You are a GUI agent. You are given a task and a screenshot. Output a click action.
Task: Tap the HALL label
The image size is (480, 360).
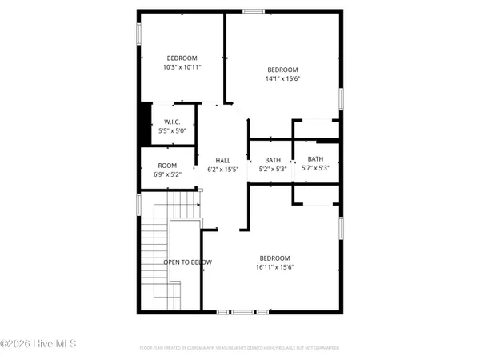pos(223,161)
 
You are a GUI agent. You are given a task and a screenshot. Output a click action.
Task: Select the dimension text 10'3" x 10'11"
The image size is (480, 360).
pos(182,67)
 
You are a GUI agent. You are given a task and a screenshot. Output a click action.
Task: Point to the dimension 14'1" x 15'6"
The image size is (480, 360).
pos(282,78)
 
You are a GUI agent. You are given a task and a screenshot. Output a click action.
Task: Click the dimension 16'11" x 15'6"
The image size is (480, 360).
pos(274,267)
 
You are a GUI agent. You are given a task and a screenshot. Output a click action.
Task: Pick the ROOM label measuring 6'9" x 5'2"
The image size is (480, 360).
pos(167,166)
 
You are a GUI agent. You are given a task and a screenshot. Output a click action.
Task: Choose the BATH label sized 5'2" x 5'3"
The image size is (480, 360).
pos(273,159)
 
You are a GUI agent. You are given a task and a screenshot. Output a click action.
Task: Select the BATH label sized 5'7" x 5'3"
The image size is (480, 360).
pos(315,159)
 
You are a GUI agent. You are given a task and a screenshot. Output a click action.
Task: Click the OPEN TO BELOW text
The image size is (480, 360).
pos(188,262)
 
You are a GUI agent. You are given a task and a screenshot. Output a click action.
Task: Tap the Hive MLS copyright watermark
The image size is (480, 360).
pos(38,344)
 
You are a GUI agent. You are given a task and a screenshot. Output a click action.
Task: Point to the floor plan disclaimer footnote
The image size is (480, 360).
pos(238,348)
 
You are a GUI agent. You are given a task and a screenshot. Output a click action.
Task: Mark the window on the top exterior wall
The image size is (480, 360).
pos(254,11)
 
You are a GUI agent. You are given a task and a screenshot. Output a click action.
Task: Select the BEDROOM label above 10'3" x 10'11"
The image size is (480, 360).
pos(182,58)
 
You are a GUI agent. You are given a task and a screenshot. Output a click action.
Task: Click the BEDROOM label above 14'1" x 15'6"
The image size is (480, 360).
pos(282,70)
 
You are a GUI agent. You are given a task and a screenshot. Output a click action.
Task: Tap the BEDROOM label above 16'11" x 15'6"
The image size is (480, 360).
pos(274,258)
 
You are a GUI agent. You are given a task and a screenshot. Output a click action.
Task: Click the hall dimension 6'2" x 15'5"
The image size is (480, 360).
pos(223,170)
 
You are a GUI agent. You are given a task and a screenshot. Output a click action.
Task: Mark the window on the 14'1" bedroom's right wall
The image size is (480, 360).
pos(341,98)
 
